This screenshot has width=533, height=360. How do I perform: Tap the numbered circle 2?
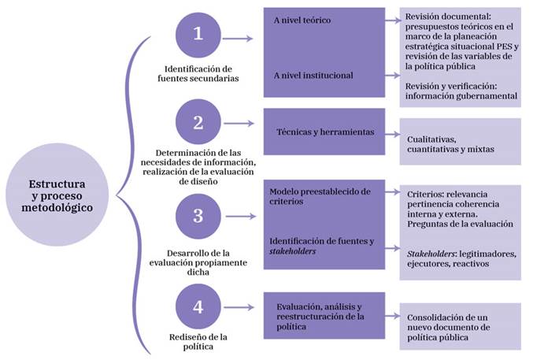click(x=198, y=123)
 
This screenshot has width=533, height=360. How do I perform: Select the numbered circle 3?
click(x=198, y=215)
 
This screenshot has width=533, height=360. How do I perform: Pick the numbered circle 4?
click(x=198, y=306)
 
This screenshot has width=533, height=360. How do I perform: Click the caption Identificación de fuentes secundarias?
click(x=198, y=74)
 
